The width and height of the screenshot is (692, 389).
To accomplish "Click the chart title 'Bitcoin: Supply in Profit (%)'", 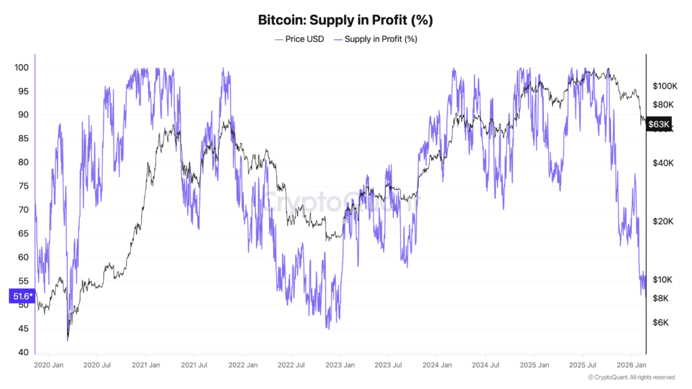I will click(x=345, y=20).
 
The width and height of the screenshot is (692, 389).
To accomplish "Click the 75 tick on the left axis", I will click(x=22, y=186).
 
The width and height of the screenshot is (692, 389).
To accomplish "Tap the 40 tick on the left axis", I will click(x=22, y=353).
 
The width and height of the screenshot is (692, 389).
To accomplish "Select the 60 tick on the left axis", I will click(x=22, y=257).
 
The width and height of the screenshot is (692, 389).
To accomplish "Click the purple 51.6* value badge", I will click(x=20, y=296).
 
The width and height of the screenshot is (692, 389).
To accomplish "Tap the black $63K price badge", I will click(x=658, y=124).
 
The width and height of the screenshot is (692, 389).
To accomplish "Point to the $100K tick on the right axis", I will click(x=665, y=86).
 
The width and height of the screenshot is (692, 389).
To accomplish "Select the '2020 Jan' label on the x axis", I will click(x=48, y=365).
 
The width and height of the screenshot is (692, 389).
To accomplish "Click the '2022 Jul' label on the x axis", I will click(x=291, y=365).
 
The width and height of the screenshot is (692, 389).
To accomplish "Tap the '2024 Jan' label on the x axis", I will click(x=437, y=365).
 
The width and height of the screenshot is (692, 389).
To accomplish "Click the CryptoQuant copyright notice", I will click(x=631, y=378).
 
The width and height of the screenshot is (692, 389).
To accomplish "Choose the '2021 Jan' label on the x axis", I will click(x=145, y=365).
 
